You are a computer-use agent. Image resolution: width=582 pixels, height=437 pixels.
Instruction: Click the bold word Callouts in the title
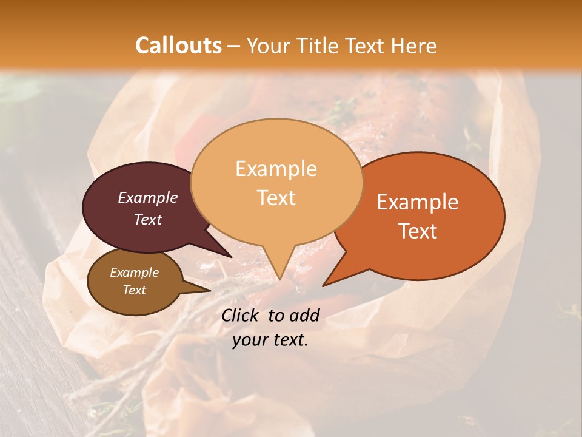[x=178, y=46]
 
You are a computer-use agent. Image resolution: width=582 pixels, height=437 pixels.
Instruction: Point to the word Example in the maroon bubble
[x=147, y=197]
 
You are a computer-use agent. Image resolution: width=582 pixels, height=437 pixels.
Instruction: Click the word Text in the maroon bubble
[x=147, y=219]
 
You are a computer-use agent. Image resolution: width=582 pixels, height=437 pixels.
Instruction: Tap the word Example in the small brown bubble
[x=134, y=273]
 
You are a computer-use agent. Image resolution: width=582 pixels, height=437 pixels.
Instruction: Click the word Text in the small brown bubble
[x=134, y=290]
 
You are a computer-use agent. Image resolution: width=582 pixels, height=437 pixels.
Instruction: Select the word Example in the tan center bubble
[x=276, y=169]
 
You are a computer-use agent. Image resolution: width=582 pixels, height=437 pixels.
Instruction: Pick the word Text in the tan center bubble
[x=276, y=198]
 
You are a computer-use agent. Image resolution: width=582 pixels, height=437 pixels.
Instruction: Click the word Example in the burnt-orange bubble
[x=418, y=202]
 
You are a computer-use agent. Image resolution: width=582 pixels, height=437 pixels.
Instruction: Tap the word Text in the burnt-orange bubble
[x=418, y=231]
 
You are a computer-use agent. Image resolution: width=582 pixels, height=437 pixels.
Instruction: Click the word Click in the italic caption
[x=241, y=315]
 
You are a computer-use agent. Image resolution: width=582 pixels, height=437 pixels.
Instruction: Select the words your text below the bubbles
[x=270, y=340]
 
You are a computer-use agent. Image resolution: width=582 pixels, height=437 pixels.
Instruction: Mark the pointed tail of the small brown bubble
[x=208, y=291]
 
